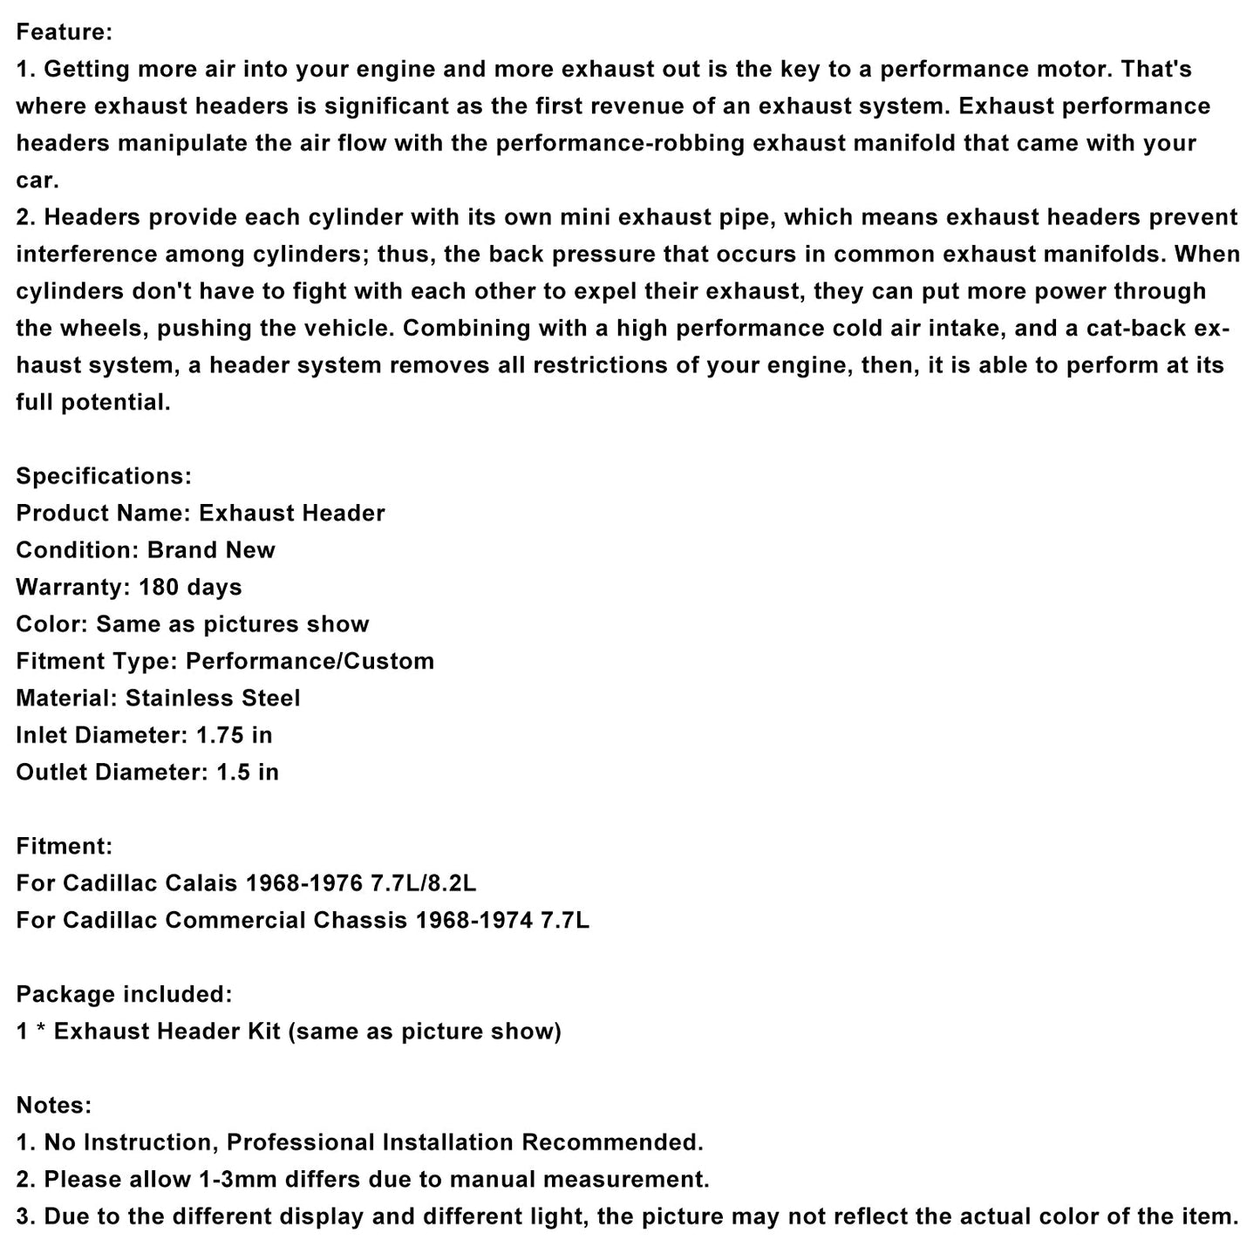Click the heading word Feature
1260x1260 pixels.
64,32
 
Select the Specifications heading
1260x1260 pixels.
103,476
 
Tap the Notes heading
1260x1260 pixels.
53,1105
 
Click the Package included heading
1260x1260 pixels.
124,994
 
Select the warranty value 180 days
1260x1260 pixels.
190,587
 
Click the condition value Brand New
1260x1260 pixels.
211,550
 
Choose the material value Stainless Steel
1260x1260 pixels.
213,698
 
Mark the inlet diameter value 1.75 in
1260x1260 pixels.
234,735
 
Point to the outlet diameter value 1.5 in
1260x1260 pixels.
248,772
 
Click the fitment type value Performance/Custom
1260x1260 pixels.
310,661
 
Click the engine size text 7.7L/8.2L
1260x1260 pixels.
424,883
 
